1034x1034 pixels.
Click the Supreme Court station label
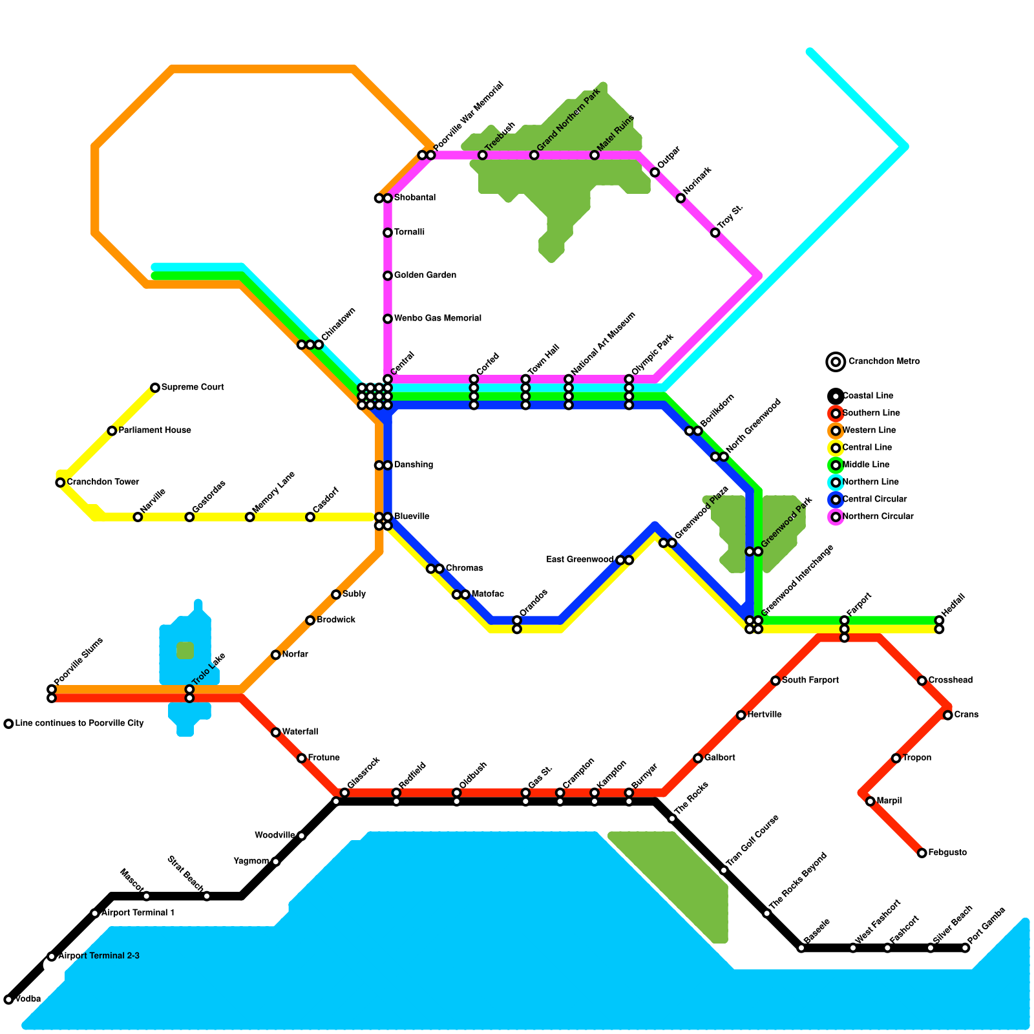tap(193, 388)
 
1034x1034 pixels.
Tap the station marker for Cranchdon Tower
tap(60, 482)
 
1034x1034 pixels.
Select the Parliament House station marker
tap(112, 430)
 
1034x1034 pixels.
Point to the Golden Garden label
tap(425, 275)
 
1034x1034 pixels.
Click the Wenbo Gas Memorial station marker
tap(388, 319)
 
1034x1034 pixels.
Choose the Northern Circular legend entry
tap(878, 516)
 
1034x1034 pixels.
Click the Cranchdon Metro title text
tap(883, 362)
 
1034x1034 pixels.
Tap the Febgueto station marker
tap(922, 853)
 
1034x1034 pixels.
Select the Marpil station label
tap(889, 801)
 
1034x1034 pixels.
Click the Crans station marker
tap(947, 715)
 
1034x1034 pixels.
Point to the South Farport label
tap(810, 681)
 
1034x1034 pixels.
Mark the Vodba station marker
tap(8, 999)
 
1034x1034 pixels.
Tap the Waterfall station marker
tap(276, 732)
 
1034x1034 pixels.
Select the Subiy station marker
tap(336, 595)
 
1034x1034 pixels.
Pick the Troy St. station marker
tap(715, 233)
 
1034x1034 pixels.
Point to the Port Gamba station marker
tap(965, 948)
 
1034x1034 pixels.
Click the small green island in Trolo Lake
tap(185, 650)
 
